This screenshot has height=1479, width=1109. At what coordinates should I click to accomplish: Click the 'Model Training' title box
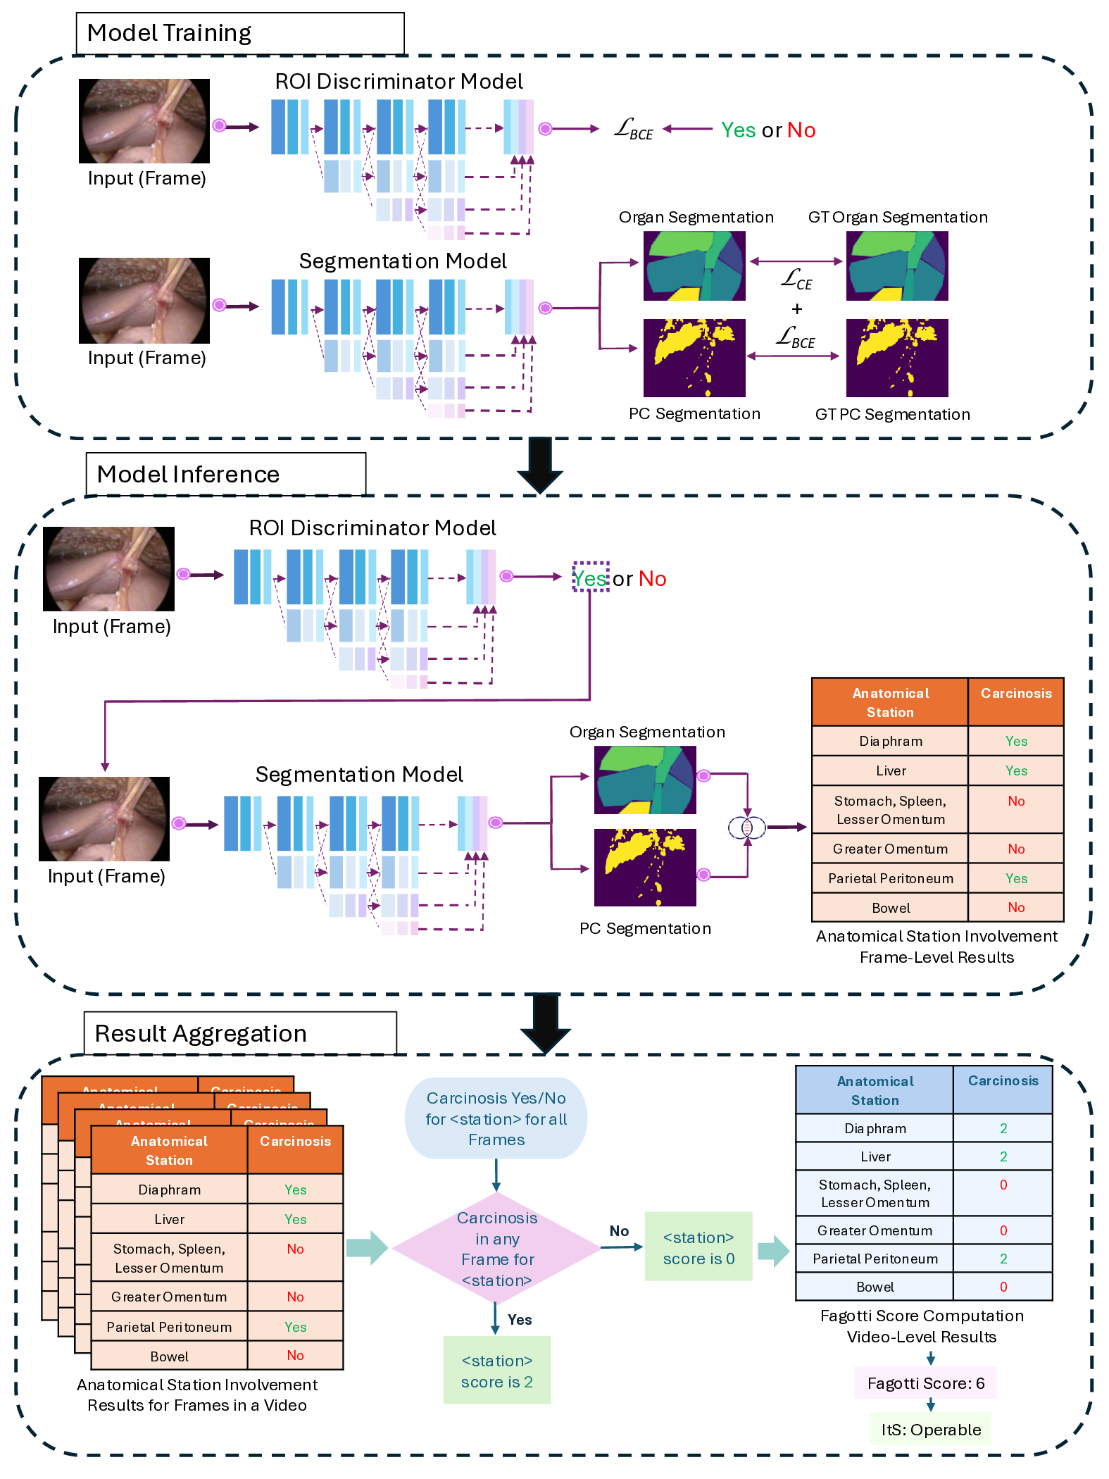[239, 33]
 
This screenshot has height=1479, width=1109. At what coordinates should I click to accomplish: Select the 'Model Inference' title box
[225, 474]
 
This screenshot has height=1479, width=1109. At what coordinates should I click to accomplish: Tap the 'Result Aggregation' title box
[239, 1033]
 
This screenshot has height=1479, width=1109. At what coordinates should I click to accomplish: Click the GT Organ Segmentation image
[896, 266]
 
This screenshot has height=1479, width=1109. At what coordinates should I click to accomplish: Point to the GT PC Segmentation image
[896, 358]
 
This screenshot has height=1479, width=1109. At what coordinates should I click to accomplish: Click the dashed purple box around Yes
[590, 577]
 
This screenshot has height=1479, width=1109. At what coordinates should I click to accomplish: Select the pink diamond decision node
[496, 1248]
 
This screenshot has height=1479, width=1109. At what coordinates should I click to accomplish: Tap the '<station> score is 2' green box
[496, 1371]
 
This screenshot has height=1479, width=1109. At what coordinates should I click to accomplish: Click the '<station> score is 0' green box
[698, 1247]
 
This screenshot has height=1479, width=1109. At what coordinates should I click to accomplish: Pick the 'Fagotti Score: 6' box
[925, 1383]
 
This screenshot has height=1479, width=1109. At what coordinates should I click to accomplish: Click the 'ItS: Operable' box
[931, 1430]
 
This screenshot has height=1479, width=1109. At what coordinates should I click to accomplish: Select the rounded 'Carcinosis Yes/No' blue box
[496, 1118]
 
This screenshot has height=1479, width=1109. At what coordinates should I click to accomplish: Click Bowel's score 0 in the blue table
[1003, 1287]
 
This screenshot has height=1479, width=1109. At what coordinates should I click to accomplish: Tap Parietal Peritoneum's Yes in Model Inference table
[1015, 878]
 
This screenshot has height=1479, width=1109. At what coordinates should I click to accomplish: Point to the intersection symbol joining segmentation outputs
[747, 828]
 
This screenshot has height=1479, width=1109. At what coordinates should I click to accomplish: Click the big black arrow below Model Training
[540, 465]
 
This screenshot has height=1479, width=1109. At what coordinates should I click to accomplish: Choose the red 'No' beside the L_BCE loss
[801, 130]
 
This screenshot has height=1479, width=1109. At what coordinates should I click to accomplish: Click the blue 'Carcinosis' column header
[1003, 1081]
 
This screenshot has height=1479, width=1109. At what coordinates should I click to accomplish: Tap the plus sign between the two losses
[796, 309]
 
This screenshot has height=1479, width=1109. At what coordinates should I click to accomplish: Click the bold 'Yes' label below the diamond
[520, 1320]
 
